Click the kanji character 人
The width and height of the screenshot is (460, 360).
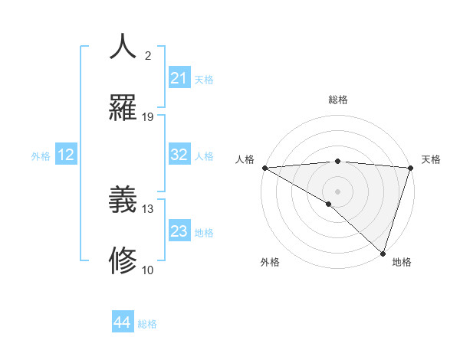[123, 46]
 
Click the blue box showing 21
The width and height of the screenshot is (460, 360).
[179, 78]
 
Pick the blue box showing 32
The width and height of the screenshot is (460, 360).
[179, 155]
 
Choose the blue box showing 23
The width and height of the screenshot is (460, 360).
[179, 231]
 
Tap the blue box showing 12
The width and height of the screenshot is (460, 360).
[66, 155]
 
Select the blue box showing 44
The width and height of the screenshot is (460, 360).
[123, 322]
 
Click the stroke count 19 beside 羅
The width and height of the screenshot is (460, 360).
[148, 117]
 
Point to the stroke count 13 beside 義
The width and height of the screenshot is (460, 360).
[148, 208]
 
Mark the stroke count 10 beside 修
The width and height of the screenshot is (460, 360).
[148, 270]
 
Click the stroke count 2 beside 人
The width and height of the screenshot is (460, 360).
[148, 55]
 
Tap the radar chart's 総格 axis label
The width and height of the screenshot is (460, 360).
[338, 100]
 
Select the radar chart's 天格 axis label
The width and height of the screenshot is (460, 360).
[431, 159]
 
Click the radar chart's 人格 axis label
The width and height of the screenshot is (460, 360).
[245, 159]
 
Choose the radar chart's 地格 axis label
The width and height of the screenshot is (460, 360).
[402, 262]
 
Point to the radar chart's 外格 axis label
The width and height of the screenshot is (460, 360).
[270, 262]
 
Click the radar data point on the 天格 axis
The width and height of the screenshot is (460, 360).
[411, 167]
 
